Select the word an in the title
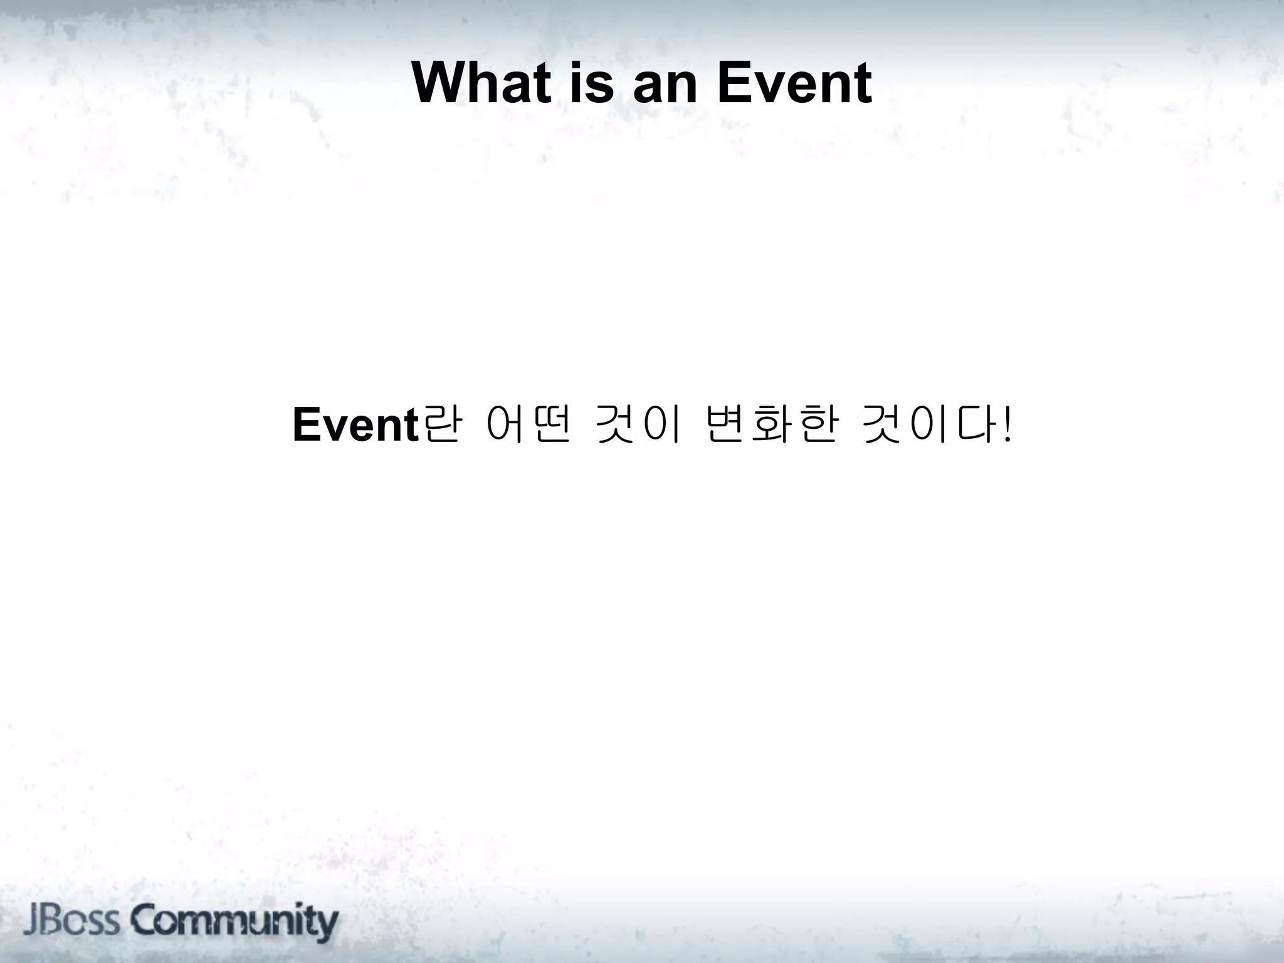point(665,83)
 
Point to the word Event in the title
point(794,83)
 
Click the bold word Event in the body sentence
point(355,425)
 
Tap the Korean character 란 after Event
point(441,425)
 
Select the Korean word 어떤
point(527,425)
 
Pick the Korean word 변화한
point(771,425)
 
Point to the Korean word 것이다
point(927,425)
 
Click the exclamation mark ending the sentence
point(1007,425)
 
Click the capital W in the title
point(439,83)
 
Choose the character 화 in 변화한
point(771,425)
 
